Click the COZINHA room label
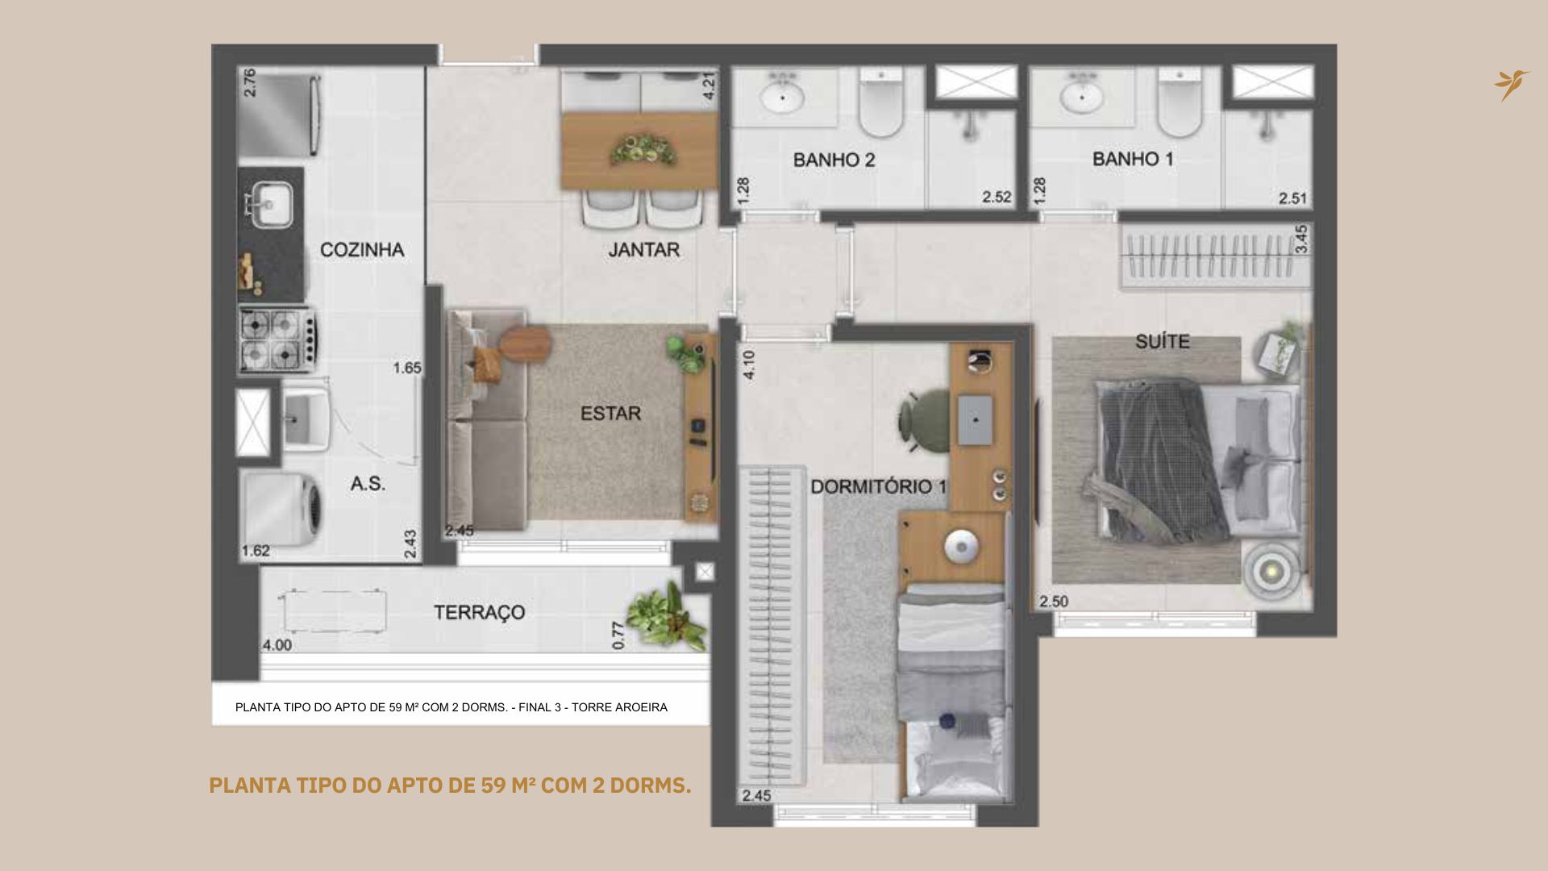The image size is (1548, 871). point(362,250)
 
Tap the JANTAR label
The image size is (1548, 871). point(643,250)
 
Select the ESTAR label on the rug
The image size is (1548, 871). point(610,414)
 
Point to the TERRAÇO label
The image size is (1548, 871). point(480,612)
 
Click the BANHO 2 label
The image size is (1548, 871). point(834,160)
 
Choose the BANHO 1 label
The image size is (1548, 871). point(1133,159)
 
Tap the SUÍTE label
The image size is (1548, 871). point(1163,341)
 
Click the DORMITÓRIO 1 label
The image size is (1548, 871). point(879,487)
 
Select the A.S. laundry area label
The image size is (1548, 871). point(368,484)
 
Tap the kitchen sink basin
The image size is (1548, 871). point(270,202)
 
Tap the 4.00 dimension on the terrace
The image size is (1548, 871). point(277,645)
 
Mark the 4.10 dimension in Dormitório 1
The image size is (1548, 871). point(749,365)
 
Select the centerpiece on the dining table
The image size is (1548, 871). point(643,150)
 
